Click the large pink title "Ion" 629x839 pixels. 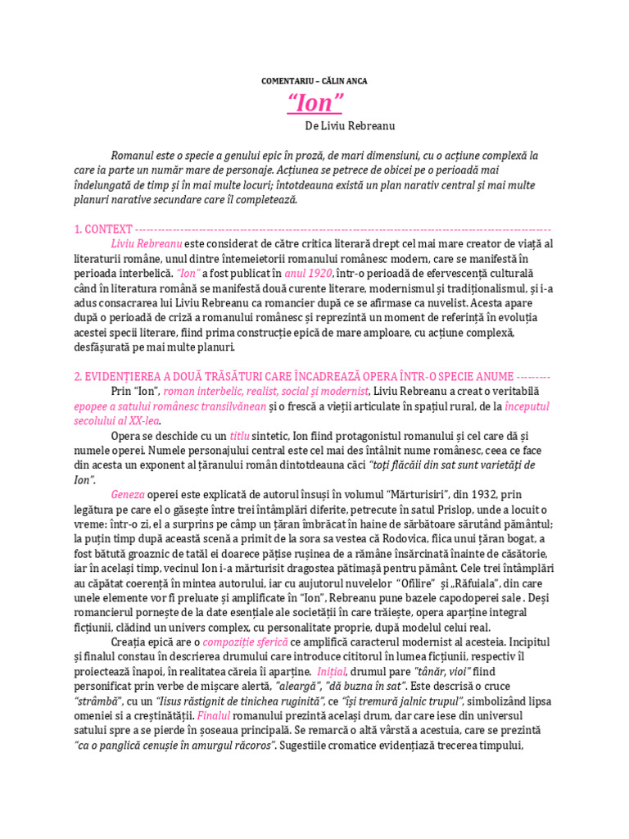coord(314,103)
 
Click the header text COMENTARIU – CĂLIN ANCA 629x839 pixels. coord(314,80)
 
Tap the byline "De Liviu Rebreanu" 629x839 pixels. coord(349,126)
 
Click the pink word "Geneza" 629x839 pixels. coord(129,495)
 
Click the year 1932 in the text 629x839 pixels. coord(472,495)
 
